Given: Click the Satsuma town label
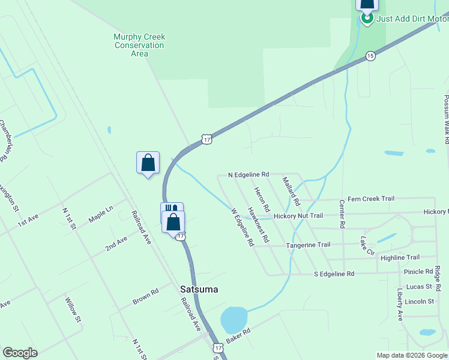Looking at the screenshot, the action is click(x=199, y=289).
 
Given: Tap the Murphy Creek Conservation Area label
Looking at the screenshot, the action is click(x=139, y=45).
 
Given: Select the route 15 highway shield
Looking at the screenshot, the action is click(x=370, y=56).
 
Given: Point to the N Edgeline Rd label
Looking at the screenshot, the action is click(x=249, y=175).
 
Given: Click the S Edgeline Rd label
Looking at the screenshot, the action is click(x=334, y=274).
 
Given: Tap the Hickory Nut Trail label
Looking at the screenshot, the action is click(x=298, y=216).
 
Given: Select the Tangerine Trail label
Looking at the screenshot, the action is click(x=308, y=245).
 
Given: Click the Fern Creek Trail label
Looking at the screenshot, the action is click(x=371, y=199).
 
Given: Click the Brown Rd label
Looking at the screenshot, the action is click(x=145, y=296).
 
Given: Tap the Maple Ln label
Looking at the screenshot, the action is click(x=101, y=215).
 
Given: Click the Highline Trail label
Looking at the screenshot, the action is click(x=400, y=257).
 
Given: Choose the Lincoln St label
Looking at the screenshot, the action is click(x=419, y=301).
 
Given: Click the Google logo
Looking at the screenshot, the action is click(x=20, y=353).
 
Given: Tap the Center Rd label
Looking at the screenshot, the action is click(x=342, y=214).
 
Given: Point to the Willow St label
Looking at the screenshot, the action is click(x=73, y=310).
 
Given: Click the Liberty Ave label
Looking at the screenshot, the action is click(x=400, y=304).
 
